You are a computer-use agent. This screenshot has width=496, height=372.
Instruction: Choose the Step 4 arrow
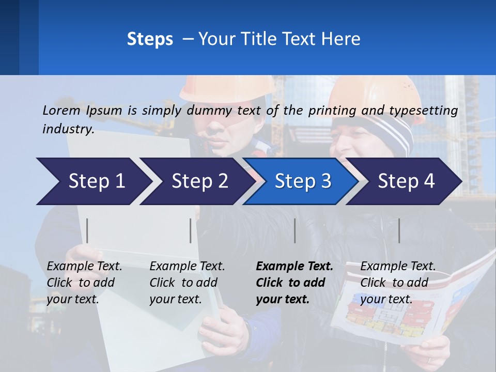[406, 181]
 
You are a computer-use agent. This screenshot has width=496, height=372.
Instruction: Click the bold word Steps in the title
[150, 39]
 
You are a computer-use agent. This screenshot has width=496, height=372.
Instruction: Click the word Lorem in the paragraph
[61, 110]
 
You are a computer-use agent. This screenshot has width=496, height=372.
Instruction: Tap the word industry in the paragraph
[68, 129]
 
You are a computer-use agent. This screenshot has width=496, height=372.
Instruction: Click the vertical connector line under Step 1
[87, 230]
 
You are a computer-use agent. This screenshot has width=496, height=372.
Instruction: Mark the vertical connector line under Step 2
[191, 230]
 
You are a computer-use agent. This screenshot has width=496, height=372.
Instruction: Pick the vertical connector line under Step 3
[295, 230]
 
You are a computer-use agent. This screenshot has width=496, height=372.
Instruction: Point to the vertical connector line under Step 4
[399, 230]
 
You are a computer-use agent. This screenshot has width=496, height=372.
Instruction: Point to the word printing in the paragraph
[332, 110]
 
